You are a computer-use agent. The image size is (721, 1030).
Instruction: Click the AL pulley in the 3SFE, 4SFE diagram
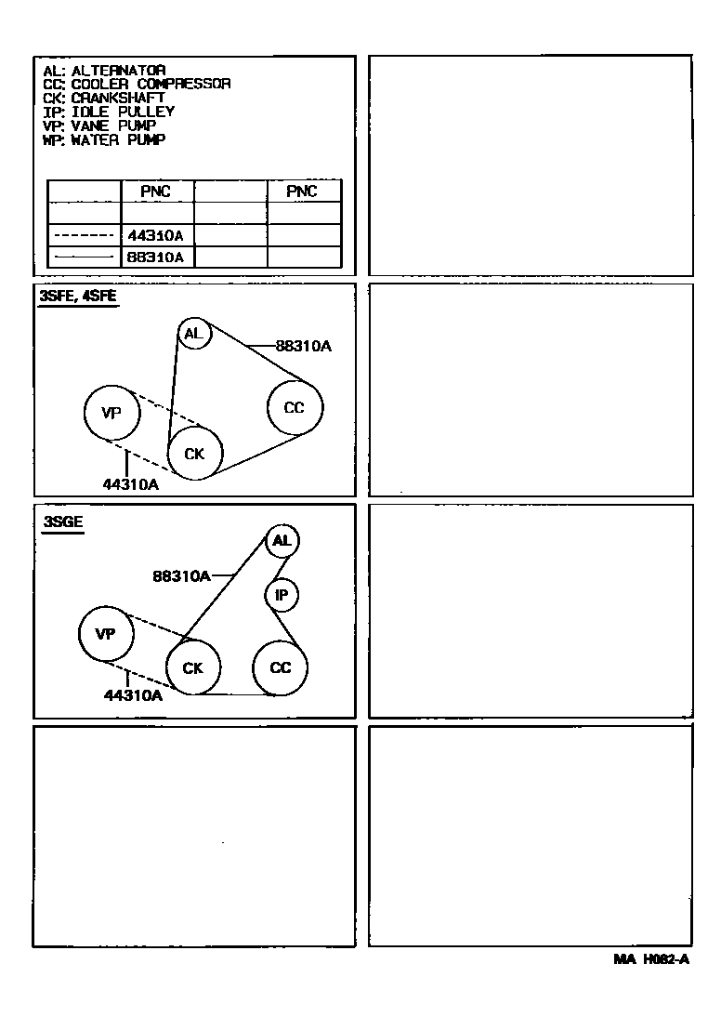click(x=194, y=333)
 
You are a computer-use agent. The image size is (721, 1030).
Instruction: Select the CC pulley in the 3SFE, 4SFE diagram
click(x=295, y=407)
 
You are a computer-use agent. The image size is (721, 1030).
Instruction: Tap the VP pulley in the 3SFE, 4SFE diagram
click(x=111, y=413)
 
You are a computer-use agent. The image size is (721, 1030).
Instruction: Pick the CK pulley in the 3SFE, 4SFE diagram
click(x=195, y=453)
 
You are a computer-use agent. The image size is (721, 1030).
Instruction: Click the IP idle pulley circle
click(x=282, y=595)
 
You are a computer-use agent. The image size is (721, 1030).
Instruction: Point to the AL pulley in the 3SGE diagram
click(x=282, y=540)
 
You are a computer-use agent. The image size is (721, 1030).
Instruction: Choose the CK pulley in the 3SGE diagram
click(x=193, y=667)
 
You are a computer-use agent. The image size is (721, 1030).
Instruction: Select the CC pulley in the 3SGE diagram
click(x=280, y=667)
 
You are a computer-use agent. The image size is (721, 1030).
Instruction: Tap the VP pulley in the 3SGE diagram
click(x=105, y=634)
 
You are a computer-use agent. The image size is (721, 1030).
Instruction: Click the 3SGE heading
click(x=63, y=522)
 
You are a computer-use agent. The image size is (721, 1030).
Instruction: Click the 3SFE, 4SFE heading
click(x=78, y=297)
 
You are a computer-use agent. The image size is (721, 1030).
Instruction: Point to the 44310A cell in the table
click(x=157, y=235)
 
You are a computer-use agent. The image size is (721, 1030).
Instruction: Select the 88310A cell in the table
click(x=157, y=257)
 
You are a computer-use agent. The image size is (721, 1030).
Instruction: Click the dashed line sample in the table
click(x=84, y=235)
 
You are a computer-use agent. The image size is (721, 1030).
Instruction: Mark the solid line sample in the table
click(x=84, y=257)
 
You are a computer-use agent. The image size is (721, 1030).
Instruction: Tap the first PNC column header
click(x=156, y=191)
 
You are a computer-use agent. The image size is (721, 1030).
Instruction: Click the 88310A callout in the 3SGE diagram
click(x=182, y=576)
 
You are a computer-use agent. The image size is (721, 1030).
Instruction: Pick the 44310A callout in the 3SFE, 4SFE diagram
click(x=130, y=484)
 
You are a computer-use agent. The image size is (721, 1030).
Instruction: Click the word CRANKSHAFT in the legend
click(x=118, y=98)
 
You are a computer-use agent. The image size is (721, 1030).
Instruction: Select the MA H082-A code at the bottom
click(x=650, y=960)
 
